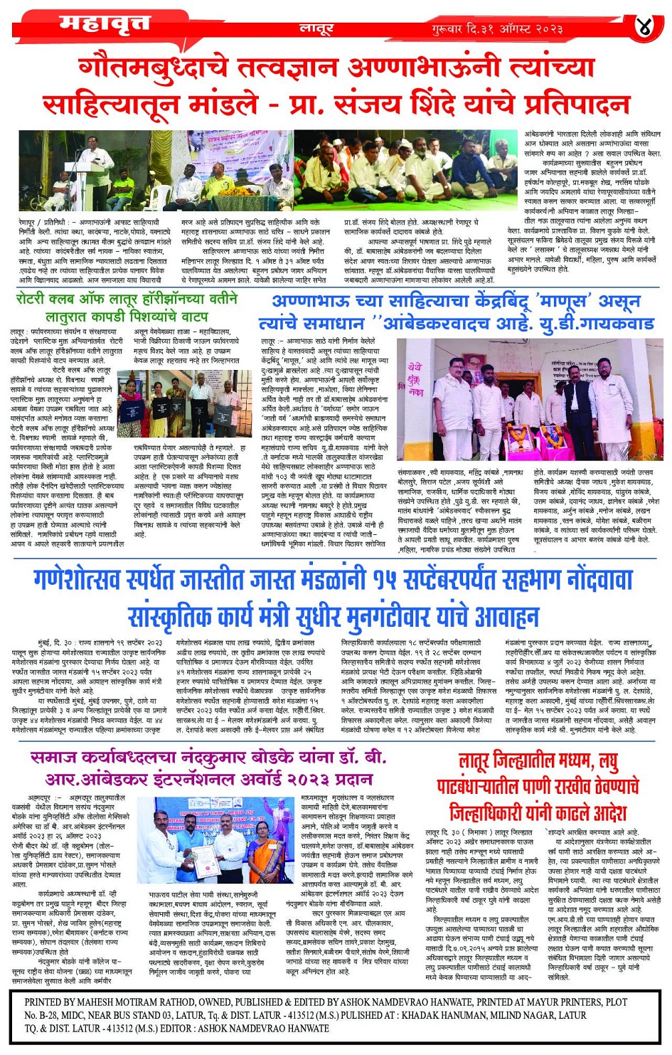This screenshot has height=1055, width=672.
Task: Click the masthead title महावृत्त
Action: tap(105, 24)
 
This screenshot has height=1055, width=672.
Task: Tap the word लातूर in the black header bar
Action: tap(316, 29)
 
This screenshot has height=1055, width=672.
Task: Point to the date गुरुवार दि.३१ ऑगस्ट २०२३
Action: tap(496, 29)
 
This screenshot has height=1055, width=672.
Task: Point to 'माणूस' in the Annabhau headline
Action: tap(561, 302)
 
